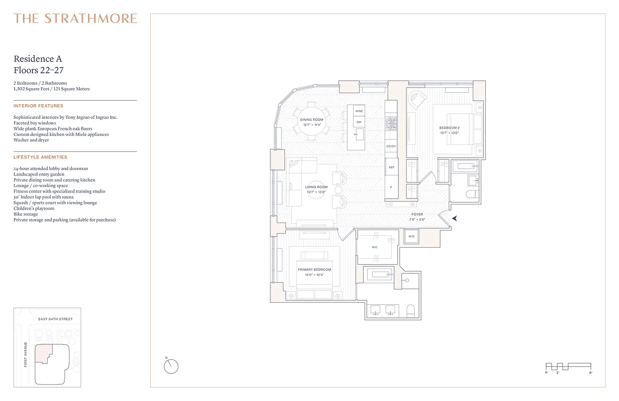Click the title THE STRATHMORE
(x=75, y=19)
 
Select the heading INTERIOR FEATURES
(x=39, y=106)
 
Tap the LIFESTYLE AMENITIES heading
(x=40, y=157)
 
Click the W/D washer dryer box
(x=411, y=236)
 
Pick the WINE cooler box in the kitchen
(x=359, y=110)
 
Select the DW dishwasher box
(x=359, y=122)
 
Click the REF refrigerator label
(x=391, y=167)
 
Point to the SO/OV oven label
(x=391, y=146)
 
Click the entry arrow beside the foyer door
(x=454, y=218)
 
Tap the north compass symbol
(x=171, y=366)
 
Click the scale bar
(x=568, y=366)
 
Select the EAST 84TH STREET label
(x=56, y=319)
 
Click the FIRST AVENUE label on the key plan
(x=26, y=354)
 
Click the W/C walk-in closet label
(x=375, y=247)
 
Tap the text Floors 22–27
(x=39, y=71)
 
